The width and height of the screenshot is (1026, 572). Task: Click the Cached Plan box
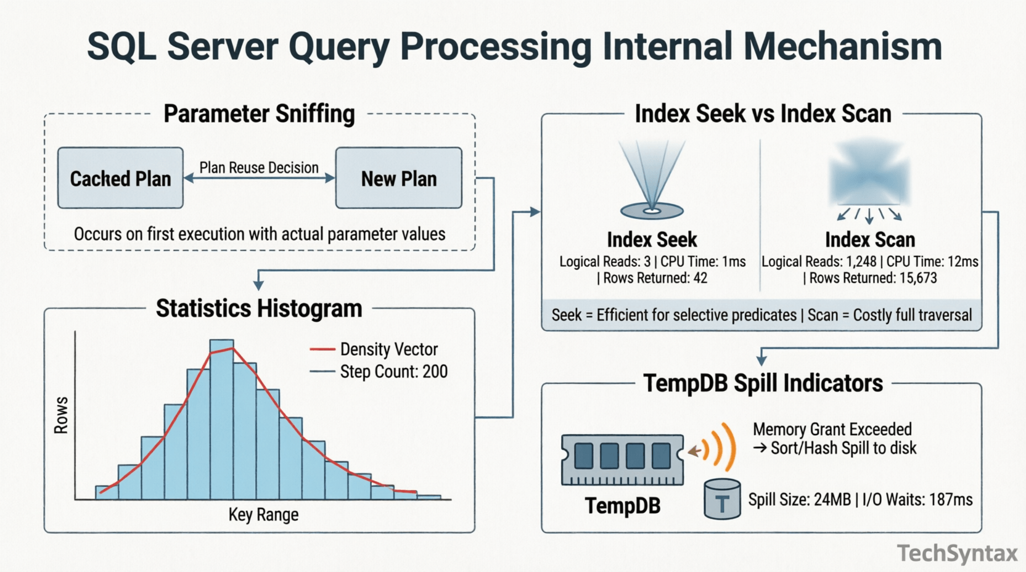pyautogui.click(x=120, y=178)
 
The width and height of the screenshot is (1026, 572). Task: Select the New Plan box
pyautogui.click(x=398, y=178)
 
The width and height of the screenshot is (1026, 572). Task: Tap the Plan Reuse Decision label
pyautogui.click(x=259, y=168)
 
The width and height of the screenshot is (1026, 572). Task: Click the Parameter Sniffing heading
pyautogui.click(x=259, y=114)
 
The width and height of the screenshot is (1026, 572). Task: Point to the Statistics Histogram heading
pyautogui.click(x=259, y=308)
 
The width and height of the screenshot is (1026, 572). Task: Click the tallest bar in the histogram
pyautogui.click(x=221, y=419)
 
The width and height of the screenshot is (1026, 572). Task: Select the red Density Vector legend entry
pyautogui.click(x=374, y=349)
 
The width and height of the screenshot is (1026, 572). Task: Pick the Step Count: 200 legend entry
pyautogui.click(x=379, y=372)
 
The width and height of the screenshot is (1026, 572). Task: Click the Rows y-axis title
pyautogui.click(x=61, y=415)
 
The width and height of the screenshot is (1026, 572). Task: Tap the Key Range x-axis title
pyautogui.click(x=263, y=514)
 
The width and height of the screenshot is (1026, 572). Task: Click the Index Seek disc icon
pyautogui.click(x=652, y=211)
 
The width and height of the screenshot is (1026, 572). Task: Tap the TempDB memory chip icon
pyautogui.click(x=622, y=459)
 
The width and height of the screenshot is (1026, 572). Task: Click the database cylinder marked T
pyautogui.click(x=722, y=500)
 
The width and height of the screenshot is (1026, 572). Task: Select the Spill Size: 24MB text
pyautogui.click(x=799, y=499)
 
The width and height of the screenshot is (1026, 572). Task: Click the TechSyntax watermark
pyautogui.click(x=957, y=554)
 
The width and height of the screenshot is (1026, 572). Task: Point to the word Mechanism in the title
pyautogui.click(x=842, y=46)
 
